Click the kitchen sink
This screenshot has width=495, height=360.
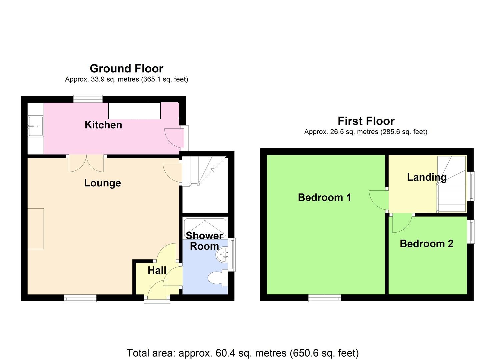click(x=36, y=126)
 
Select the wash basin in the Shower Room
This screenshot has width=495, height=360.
click(x=222, y=255)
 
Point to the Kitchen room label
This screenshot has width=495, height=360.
click(x=103, y=125)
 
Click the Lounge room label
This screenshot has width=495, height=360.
click(x=102, y=183)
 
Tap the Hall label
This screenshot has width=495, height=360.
click(x=157, y=270)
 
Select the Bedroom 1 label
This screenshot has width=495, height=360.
click(x=324, y=197)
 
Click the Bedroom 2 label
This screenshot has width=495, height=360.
click(x=426, y=244)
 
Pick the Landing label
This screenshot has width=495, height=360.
click(x=427, y=177)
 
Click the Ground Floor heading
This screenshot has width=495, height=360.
click(x=126, y=68)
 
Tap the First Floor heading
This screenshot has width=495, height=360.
click(x=366, y=121)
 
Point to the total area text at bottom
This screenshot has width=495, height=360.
click(x=243, y=353)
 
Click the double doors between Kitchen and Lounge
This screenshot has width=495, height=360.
click(x=86, y=163)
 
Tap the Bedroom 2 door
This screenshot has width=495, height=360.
click(x=402, y=223)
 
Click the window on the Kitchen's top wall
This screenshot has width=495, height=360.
click(x=88, y=98)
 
